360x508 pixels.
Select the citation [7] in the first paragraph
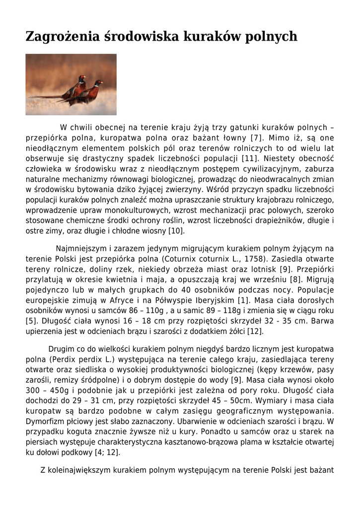pyautogui.click(x=256, y=138)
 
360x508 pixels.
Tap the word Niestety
pyautogui.click(x=281, y=159)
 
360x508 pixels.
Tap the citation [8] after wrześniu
pyautogui.click(x=296, y=279)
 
